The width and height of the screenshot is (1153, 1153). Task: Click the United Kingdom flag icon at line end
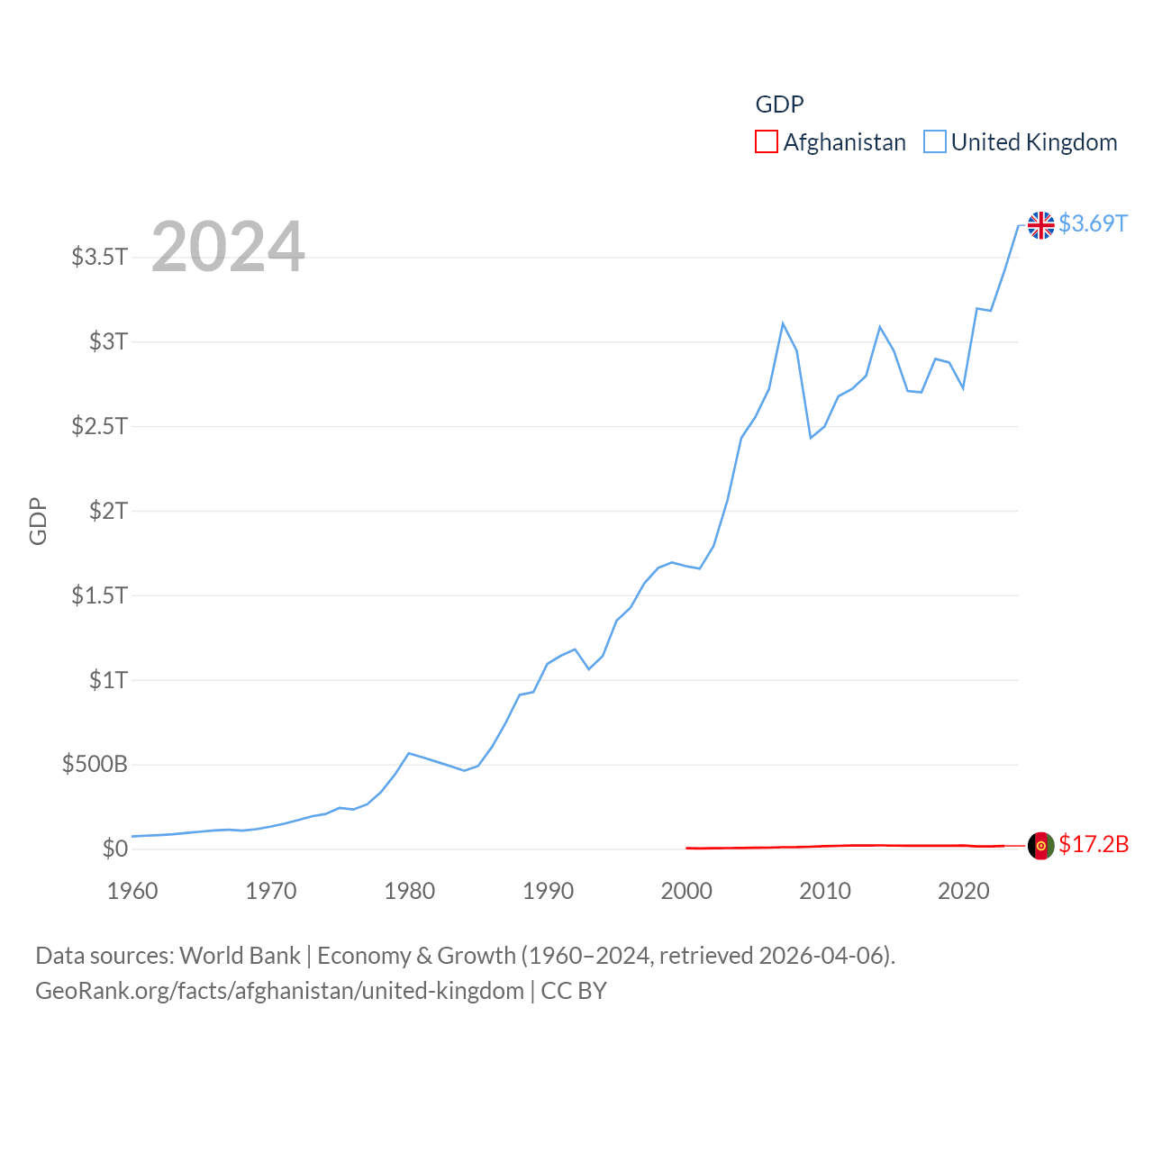(1040, 225)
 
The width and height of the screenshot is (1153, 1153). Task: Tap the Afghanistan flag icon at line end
(1040, 846)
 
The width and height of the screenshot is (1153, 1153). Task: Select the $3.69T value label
(1093, 223)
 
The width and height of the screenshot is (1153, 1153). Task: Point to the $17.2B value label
(1093, 844)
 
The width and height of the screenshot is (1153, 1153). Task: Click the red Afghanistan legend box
(767, 142)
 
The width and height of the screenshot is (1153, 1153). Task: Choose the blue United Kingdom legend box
(935, 142)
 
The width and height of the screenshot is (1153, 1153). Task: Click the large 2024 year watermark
(228, 247)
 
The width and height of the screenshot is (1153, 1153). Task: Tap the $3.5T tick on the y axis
(100, 257)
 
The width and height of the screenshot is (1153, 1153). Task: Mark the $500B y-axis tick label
(95, 765)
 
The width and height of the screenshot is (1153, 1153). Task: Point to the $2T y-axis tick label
(108, 511)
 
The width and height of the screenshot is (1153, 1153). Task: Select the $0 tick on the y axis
(114, 849)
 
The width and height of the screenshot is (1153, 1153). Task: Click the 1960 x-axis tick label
(132, 891)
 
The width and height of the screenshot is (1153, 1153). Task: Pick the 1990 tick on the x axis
(548, 891)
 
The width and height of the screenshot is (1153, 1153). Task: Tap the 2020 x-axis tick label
(963, 891)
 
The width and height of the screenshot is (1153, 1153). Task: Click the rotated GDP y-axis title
(38, 521)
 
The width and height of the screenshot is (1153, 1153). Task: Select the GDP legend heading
(779, 104)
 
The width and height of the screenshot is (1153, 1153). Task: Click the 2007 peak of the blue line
(783, 323)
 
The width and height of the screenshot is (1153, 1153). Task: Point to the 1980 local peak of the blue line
(409, 753)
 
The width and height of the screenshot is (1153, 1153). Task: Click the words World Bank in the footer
(241, 956)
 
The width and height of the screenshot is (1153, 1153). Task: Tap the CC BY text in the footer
(574, 991)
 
